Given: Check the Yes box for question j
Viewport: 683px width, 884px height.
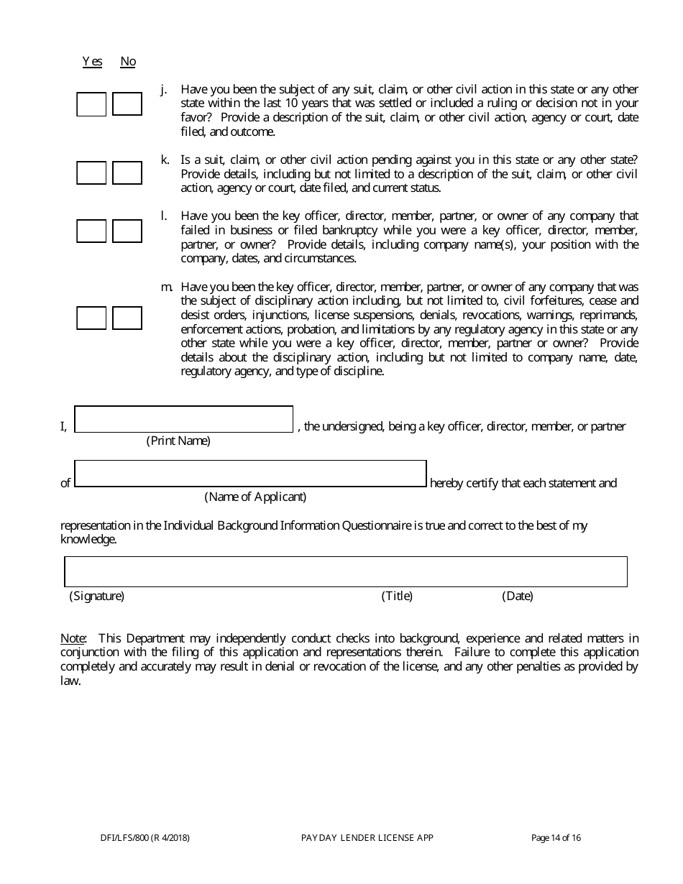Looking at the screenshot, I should click(x=91, y=104).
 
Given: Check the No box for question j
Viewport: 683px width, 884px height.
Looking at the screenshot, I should click(x=127, y=104).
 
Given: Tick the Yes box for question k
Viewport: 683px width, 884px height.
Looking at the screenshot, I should click(x=91, y=173).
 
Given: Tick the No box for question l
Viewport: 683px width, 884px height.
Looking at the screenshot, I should click(x=127, y=231).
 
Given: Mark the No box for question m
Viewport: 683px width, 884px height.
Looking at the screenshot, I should click(x=127, y=318).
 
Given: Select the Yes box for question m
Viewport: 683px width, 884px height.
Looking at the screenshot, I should click(x=91, y=318).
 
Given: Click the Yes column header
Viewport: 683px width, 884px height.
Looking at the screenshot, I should click(x=92, y=62).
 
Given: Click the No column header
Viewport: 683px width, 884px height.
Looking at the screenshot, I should click(x=128, y=62).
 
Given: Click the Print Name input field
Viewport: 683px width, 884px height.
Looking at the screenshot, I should click(x=184, y=419).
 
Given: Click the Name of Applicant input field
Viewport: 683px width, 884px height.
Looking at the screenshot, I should click(x=250, y=474).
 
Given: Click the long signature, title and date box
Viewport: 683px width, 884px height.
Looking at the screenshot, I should click(x=346, y=571).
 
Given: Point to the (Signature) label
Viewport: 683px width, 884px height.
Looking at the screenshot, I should click(x=96, y=596).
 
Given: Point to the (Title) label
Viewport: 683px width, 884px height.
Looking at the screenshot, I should click(x=397, y=596).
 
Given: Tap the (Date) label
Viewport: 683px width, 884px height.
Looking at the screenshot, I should click(x=518, y=596).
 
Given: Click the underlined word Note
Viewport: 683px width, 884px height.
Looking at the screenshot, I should click(x=73, y=638).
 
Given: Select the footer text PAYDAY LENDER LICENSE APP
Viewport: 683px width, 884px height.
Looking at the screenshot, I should click(x=367, y=837).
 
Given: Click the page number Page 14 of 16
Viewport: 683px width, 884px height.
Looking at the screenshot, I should click(x=556, y=837).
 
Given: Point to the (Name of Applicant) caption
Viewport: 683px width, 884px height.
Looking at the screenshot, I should click(x=255, y=497).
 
